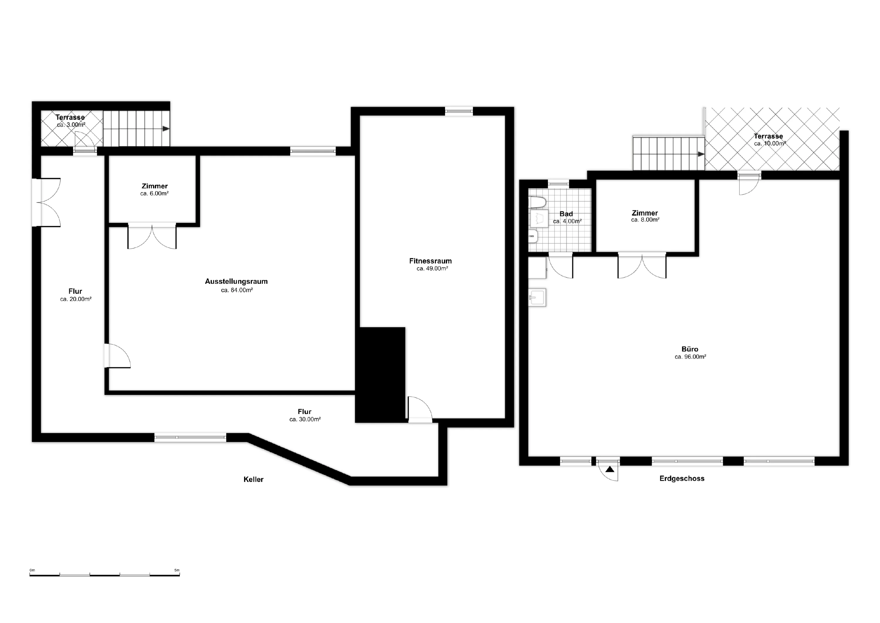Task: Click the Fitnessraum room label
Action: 430,261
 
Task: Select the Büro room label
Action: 690,349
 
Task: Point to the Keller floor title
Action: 253,480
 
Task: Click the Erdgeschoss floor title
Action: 682,479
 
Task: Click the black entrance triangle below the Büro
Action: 610,469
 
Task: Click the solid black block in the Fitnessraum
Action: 380,375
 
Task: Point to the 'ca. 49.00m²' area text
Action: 432,269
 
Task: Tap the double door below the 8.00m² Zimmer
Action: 642,265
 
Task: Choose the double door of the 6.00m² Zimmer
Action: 152,236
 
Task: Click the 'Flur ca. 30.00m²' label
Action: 305,416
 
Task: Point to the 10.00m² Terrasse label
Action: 769,140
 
